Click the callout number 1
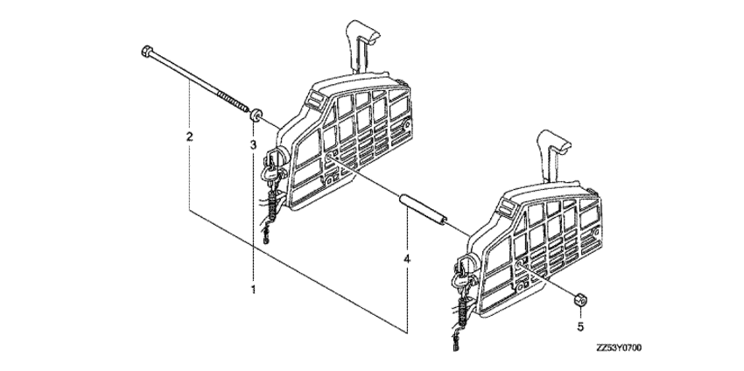pyautogui.click(x=253, y=289)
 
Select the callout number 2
pyautogui.click(x=189, y=137)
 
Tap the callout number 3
pyautogui.click(x=253, y=143)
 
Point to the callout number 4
pyautogui.click(x=407, y=259)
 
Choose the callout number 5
pyautogui.click(x=580, y=326)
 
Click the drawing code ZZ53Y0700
pyautogui.click(x=619, y=349)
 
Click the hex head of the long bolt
pyautogui.click(x=146, y=50)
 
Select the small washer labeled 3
pyautogui.click(x=256, y=115)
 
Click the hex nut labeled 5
pyautogui.click(x=579, y=300)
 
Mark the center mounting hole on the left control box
pyautogui.click(x=328, y=157)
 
